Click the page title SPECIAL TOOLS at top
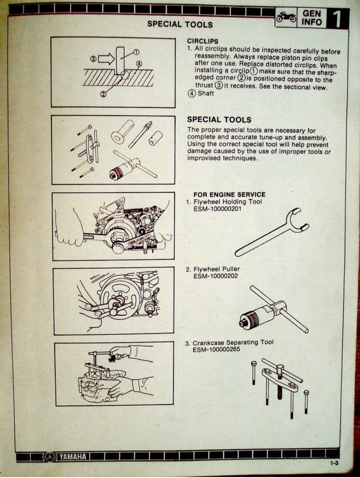180,24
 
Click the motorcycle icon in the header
286,18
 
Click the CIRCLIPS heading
202,41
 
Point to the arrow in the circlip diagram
106,58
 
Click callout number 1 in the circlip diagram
136,52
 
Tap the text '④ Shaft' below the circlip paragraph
200,94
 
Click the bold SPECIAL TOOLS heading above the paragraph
219,120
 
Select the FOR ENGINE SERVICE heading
229,195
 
